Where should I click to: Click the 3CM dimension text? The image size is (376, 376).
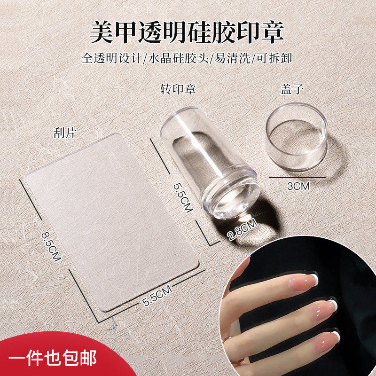(x=298, y=186)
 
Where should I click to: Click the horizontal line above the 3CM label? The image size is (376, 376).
(x=298, y=177)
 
